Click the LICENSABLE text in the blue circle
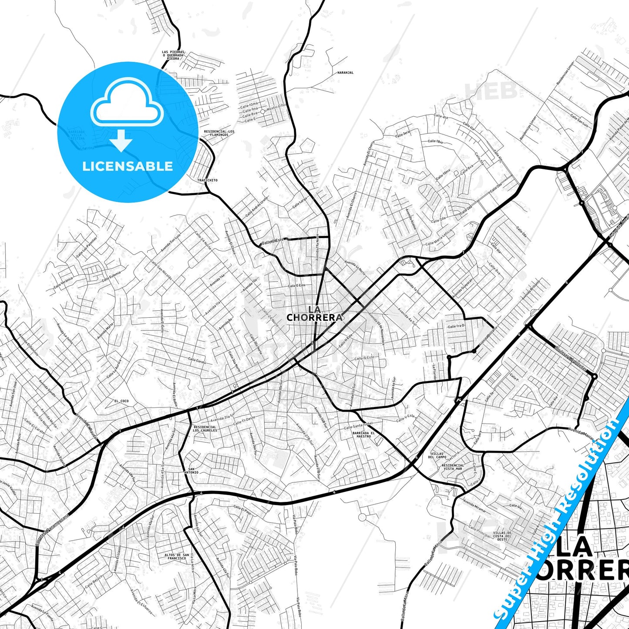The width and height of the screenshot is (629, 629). [x=128, y=166]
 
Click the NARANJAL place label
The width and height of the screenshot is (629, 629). [x=345, y=73]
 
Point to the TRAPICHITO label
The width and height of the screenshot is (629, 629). [x=207, y=180]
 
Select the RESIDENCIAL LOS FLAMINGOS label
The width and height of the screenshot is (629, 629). [x=219, y=133]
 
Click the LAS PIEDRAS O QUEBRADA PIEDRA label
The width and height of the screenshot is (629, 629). [x=173, y=55]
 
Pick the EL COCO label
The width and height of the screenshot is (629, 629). [x=121, y=400]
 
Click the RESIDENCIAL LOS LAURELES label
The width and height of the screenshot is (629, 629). [x=205, y=429]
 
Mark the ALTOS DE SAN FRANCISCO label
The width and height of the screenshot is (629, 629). [x=177, y=556]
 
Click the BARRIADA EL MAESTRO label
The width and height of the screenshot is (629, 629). [x=363, y=434]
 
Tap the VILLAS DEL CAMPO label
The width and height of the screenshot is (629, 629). [x=437, y=455]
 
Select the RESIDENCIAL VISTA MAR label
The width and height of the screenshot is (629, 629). [x=453, y=467]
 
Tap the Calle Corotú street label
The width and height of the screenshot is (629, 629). [x=197, y=361]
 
